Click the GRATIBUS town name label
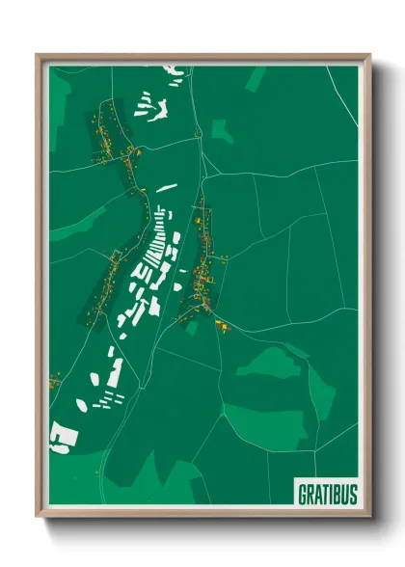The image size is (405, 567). pyautogui.click(x=326, y=493)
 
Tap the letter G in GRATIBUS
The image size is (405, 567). pyautogui.click(x=302, y=493)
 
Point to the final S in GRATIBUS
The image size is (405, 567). pyautogui.click(x=352, y=493)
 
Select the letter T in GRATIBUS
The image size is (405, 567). pyautogui.click(x=324, y=493)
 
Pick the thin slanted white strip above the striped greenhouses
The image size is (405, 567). pyautogui.click(x=166, y=187)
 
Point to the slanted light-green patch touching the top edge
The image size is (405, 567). pyautogui.click(x=256, y=77)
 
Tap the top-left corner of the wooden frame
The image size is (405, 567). pyautogui.click(x=38, y=55)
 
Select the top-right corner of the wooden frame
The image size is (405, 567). pyautogui.click(x=369, y=55)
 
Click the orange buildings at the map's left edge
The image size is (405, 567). pyautogui.click(x=54, y=382)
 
